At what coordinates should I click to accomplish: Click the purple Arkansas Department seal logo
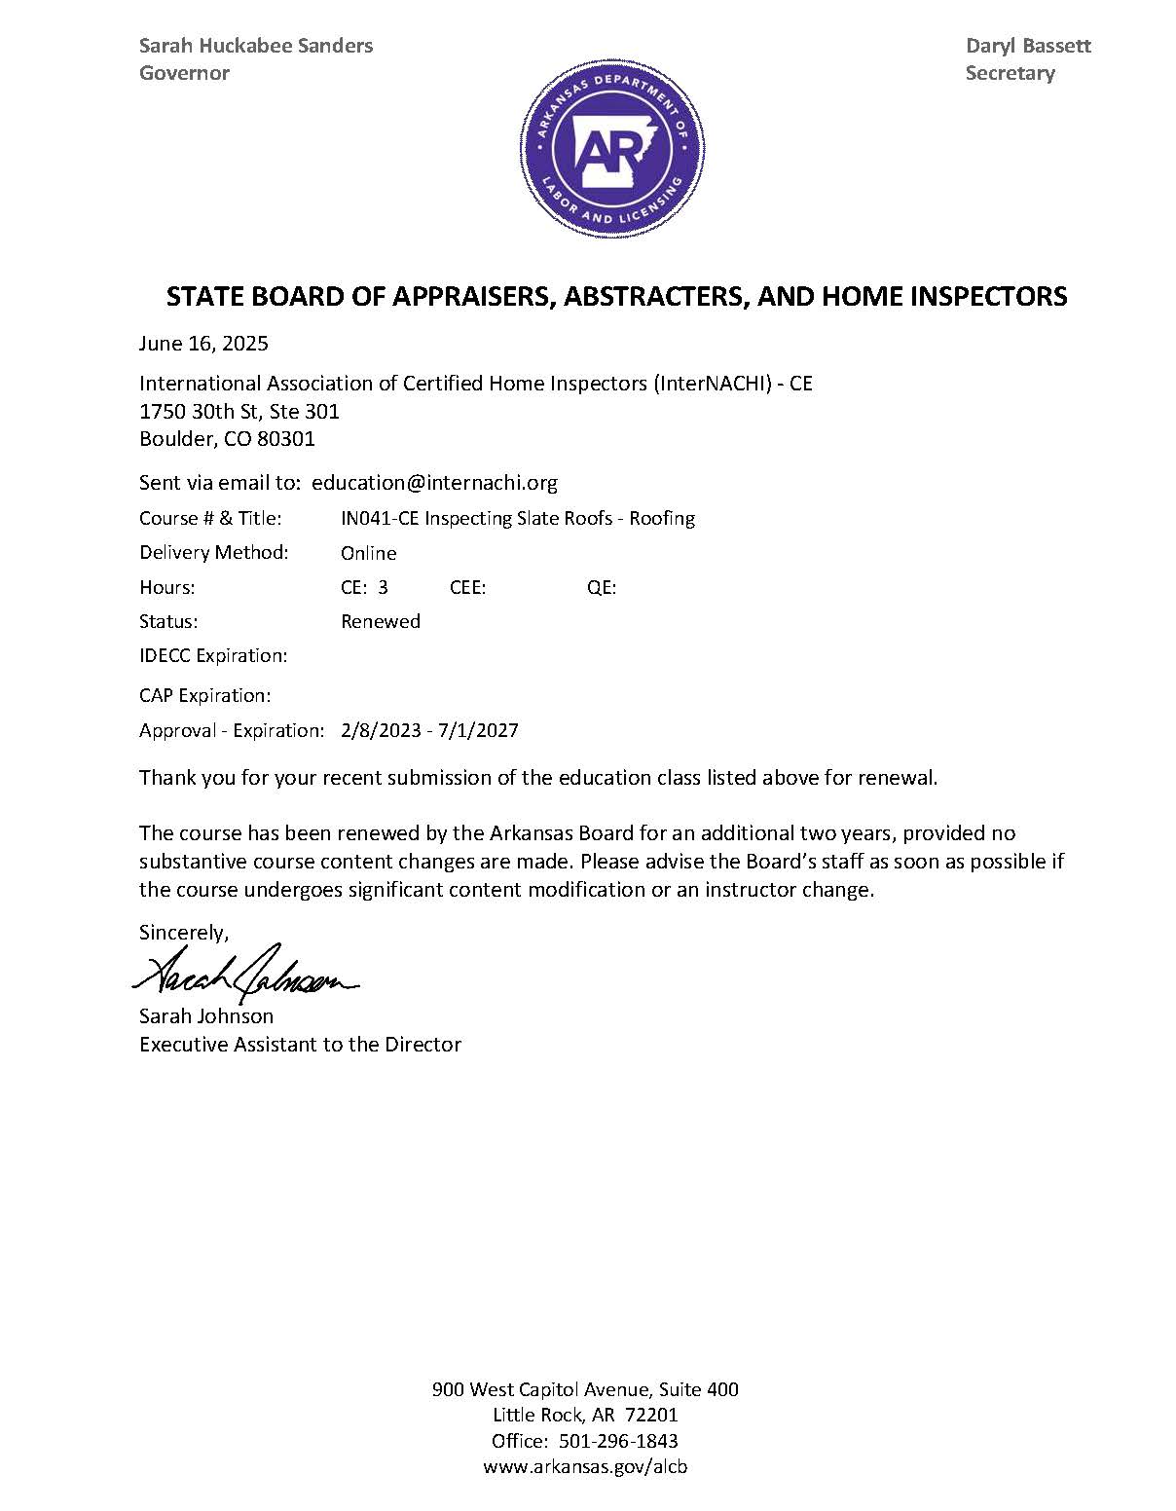pos(611,151)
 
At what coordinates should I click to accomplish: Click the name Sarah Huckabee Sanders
pos(256,46)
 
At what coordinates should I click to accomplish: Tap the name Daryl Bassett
pos(1028,46)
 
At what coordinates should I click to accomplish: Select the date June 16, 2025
pos(203,344)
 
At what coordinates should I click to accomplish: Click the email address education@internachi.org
pos(434,483)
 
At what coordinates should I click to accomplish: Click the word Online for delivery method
pos(368,553)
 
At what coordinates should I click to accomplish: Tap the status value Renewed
pos(380,621)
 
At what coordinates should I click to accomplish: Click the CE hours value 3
pos(383,587)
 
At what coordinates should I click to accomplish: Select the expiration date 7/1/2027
pos(479,730)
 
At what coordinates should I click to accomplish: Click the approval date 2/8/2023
pos(380,730)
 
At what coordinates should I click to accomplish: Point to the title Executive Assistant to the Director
pos(300,1045)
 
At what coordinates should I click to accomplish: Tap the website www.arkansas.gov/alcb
pos(585,1467)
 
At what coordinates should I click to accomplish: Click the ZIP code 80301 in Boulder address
pos(285,439)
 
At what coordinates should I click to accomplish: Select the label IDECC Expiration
pos(213,656)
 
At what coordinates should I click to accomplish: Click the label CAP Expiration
pos(204,696)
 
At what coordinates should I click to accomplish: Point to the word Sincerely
pos(184,933)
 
